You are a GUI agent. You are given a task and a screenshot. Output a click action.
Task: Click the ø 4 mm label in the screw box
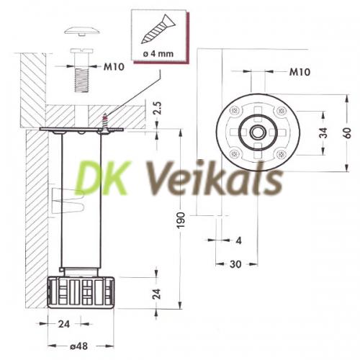[158, 54]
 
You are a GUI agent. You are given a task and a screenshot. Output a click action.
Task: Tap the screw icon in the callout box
[158, 30]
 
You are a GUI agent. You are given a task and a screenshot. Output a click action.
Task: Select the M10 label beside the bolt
[114, 67]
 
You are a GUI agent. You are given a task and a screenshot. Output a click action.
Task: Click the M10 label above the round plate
[300, 72]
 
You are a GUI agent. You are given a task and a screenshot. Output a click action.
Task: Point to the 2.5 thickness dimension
[158, 108]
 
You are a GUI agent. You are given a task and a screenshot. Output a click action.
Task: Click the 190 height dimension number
[181, 220]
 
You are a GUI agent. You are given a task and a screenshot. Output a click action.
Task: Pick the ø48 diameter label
[78, 346]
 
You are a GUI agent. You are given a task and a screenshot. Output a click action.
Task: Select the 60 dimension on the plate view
[347, 132]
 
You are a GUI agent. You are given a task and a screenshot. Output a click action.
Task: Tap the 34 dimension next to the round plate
[323, 132]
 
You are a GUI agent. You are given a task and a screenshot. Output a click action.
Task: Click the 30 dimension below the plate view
[235, 264]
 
